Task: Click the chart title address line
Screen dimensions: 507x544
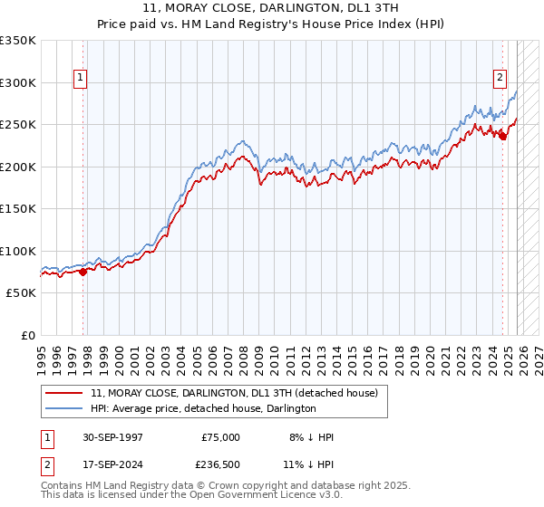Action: (x=271, y=6)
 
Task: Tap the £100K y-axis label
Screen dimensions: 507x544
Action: (x=18, y=251)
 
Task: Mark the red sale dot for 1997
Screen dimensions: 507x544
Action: (x=83, y=271)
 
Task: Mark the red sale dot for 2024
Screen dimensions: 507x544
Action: (x=502, y=136)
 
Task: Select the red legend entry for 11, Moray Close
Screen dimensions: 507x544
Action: (x=214, y=393)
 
